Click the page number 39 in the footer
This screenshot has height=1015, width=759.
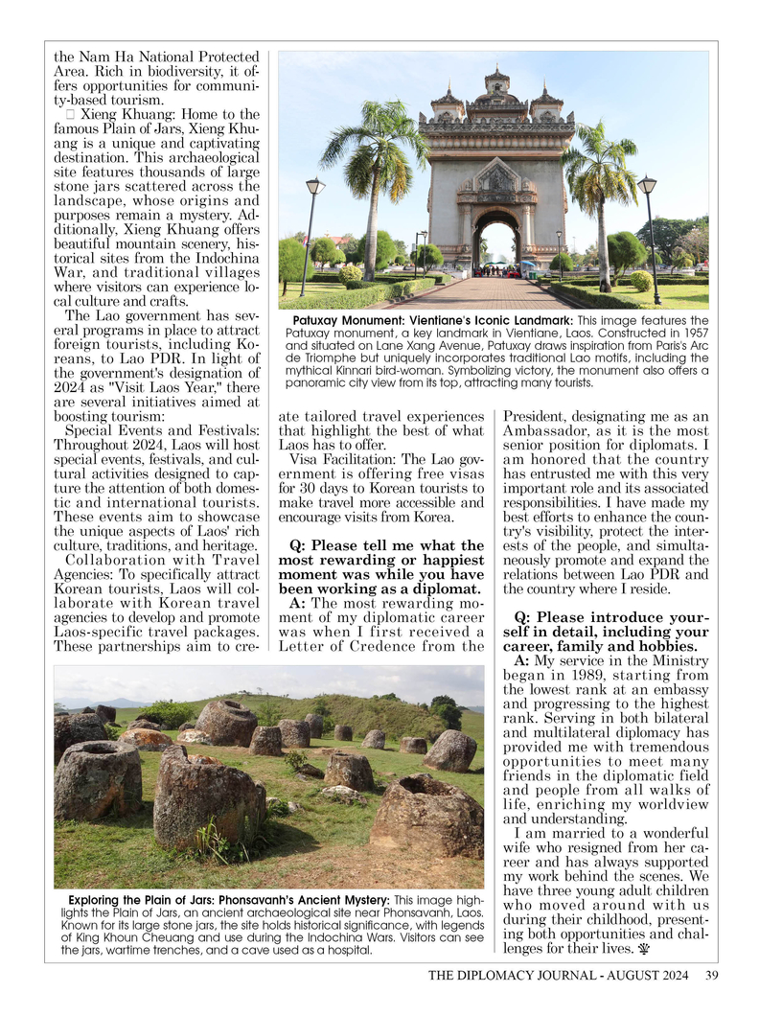click(711, 976)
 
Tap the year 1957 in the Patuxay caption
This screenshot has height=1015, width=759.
click(692, 333)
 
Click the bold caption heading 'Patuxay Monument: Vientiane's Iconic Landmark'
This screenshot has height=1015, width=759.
click(428, 320)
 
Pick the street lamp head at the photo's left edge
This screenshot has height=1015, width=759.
click(314, 186)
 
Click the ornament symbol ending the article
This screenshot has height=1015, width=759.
click(640, 950)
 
